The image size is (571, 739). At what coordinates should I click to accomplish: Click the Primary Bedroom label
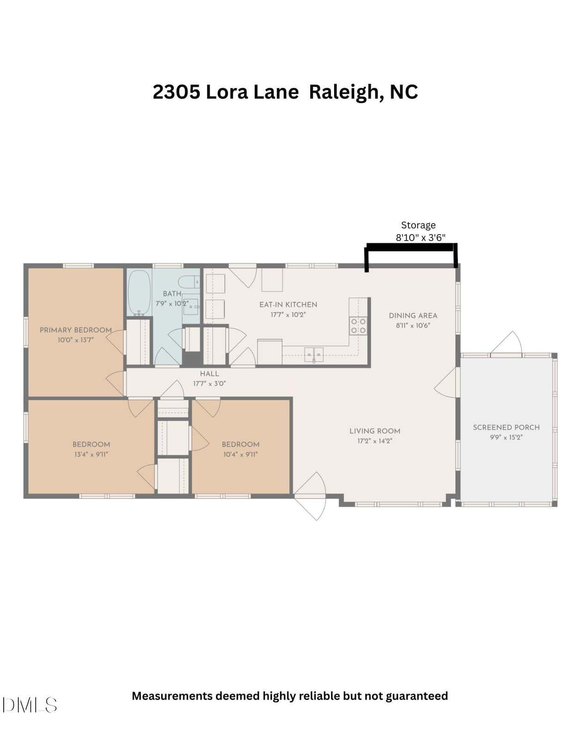[75, 330]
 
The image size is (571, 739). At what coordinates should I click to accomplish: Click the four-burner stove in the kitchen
[358, 326]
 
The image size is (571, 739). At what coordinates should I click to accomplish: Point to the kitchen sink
[314, 355]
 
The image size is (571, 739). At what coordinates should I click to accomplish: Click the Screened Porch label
[506, 428]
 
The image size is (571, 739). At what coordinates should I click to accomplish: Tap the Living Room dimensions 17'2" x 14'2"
[375, 441]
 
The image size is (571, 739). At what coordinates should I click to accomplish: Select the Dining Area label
[413, 315]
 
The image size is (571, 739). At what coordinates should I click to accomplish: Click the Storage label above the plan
[418, 225]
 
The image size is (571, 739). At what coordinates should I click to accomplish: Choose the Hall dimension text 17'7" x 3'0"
[209, 384]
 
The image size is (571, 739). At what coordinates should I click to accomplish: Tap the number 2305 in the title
[176, 92]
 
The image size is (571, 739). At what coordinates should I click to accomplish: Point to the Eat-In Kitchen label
[288, 305]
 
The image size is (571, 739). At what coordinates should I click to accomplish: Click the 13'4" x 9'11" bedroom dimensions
[91, 454]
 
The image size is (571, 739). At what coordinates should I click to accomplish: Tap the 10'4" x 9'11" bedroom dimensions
[240, 454]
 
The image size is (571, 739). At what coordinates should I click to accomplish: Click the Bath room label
[172, 294]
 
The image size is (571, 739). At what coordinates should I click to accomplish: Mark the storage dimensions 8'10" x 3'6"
[420, 237]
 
